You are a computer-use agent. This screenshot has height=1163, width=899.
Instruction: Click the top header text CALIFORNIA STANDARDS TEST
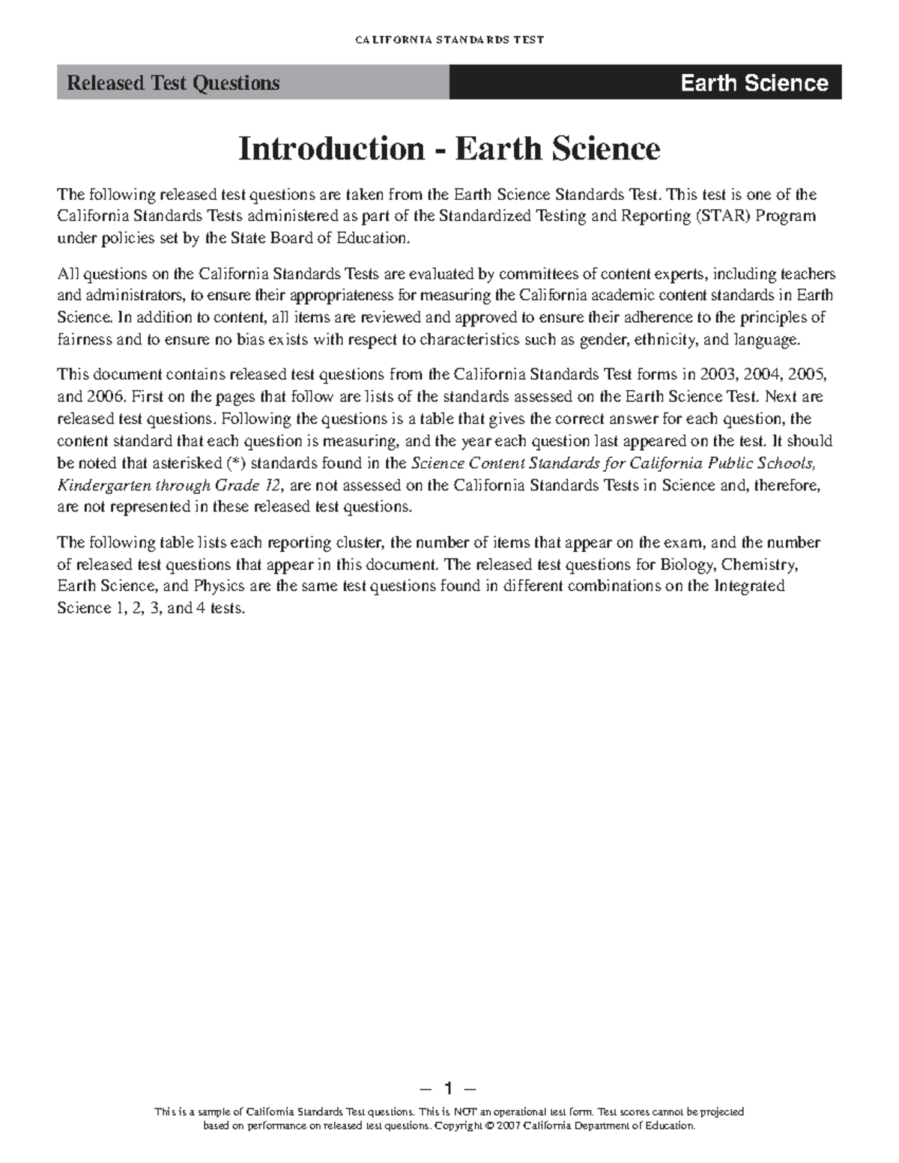(x=449, y=40)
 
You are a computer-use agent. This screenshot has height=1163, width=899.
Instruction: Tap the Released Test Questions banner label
(x=173, y=83)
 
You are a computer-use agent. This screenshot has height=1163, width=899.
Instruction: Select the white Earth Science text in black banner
(x=754, y=83)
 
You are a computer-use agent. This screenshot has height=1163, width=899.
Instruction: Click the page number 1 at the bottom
(x=449, y=1087)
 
